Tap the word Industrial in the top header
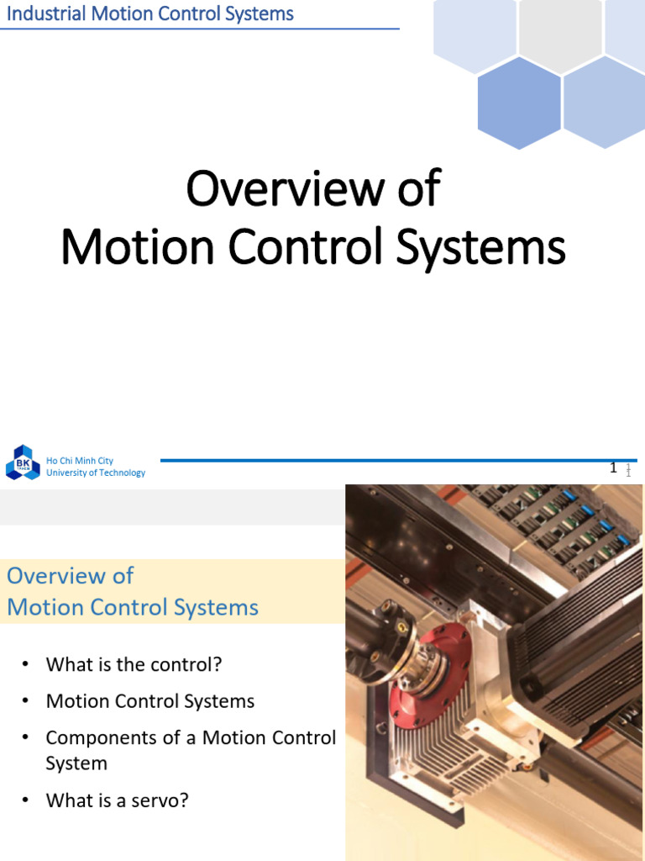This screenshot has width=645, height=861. click(x=41, y=13)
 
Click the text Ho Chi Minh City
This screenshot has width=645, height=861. click(x=80, y=461)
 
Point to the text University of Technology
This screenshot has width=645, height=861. click(x=96, y=473)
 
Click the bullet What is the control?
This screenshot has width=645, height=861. click(x=134, y=664)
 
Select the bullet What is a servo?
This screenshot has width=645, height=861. click(x=117, y=800)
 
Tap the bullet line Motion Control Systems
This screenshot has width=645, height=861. click(x=149, y=701)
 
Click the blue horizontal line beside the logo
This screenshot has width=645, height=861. click(x=378, y=460)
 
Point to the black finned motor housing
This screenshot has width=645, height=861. click(x=579, y=639)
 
